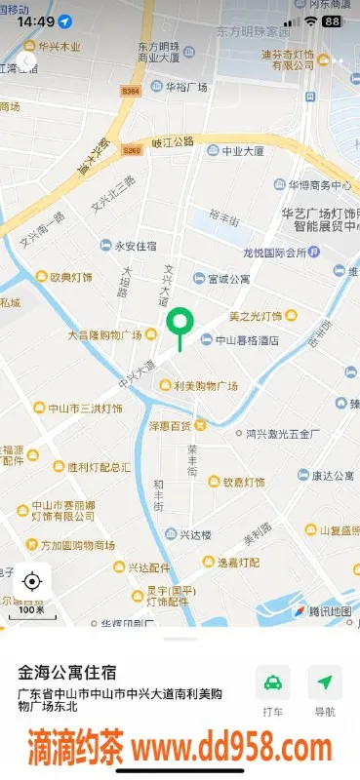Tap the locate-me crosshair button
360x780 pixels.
tap(31, 582)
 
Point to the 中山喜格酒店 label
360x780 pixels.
tap(240, 340)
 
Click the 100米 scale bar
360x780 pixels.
tap(31, 611)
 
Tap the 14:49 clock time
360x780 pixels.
tap(36, 20)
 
